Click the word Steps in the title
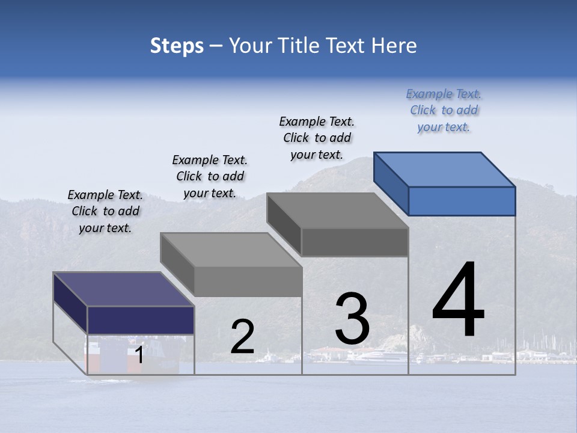pyautogui.click(x=177, y=46)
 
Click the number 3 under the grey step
pyautogui.click(x=352, y=318)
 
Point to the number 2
pyautogui.click(x=242, y=337)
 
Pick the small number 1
pyautogui.click(x=139, y=355)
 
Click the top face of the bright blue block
pyautogui.click(x=445, y=169)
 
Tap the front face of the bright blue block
pyautogui.click(x=462, y=201)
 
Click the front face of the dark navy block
pyautogui.click(x=141, y=320)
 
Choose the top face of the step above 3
pyautogui.click(x=338, y=210)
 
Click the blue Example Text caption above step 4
pyautogui.click(x=444, y=110)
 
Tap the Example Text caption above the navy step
pyautogui.click(x=105, y=211)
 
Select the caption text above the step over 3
pyautogui.click(x=317, y=138)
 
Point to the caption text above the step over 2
pyautogui.click(x=210, y=176)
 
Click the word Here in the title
pyautogui.click(x=394, y=46)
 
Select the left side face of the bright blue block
pyautogui.click(x=391, y=183)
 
